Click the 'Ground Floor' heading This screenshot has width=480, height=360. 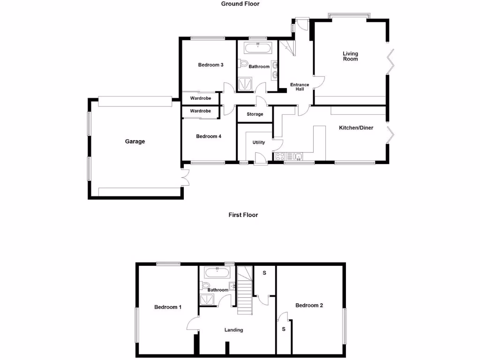tap(240, 4)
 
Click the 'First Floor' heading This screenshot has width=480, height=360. tap(243, 215)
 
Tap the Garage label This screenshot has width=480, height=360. tap(135, 142)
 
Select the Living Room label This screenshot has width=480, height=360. tap(350, 56)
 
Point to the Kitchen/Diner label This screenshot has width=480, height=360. tap(356, 127)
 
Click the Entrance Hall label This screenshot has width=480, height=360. tap(300, 87)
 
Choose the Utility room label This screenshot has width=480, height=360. tap(259, 142)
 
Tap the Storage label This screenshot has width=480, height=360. tap(255, 114)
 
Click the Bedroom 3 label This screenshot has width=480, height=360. tap(210, 65)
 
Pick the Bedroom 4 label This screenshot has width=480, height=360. tap(209, 136)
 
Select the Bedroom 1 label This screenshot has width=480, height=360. tap(168, 307)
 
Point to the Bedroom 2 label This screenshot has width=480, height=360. tap(309, 306)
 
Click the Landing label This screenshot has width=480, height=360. tap(233, 330)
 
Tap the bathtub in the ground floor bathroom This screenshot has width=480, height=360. tap(257, 47)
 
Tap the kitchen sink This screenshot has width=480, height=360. tap(297, 156)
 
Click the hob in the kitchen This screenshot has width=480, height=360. tap(280, 156)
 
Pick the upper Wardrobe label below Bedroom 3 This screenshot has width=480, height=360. tap(200, 98)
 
